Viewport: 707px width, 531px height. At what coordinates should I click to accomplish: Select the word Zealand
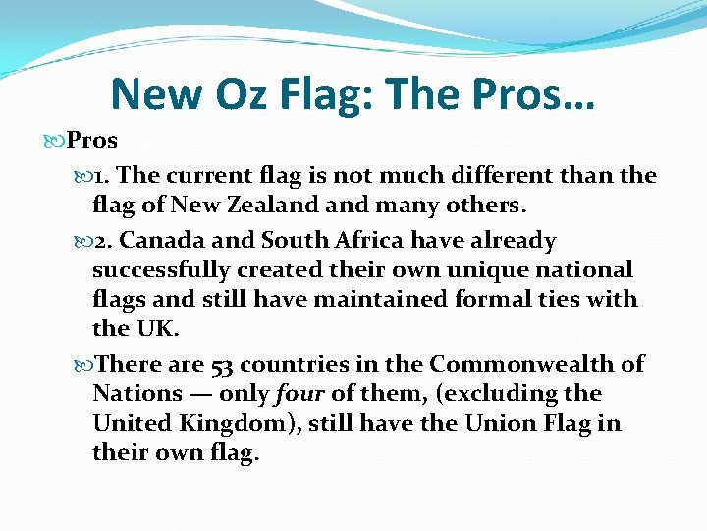tap(273, 205)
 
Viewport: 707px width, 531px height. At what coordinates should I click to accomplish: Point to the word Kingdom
tap(237, 423)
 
